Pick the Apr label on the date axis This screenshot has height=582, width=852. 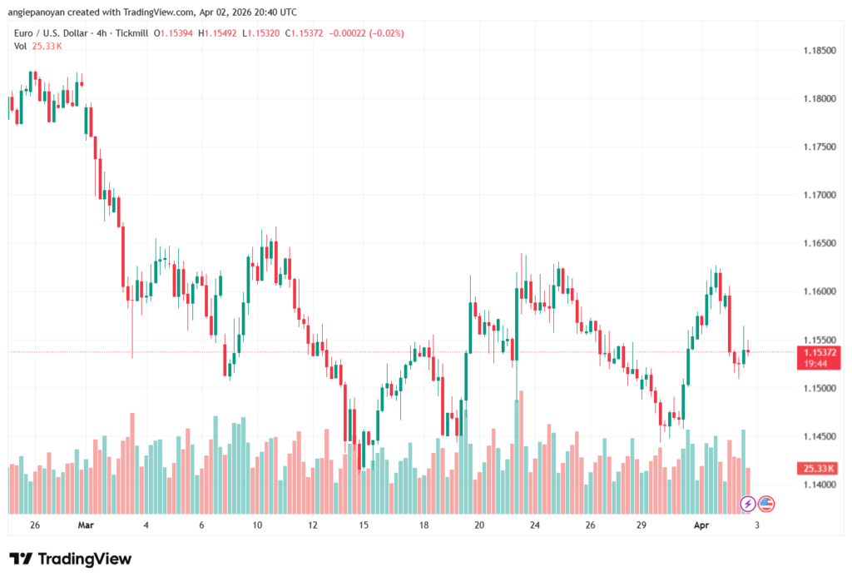pyautogui.click(x=701, y=525)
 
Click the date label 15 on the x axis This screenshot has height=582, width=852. pyautogui.click(x=364, y=525)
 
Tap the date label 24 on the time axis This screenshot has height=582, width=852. pyautogui.click(x=535, y=525)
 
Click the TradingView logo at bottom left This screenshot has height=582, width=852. pyautogui.click(x=71, y=559)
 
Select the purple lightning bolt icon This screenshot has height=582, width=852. pyautogui.click(x=748, y=503)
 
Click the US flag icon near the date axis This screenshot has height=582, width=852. pyautogui.click(x=766, y=503)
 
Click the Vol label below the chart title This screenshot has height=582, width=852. pyautogui.click(x=21, y=46)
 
